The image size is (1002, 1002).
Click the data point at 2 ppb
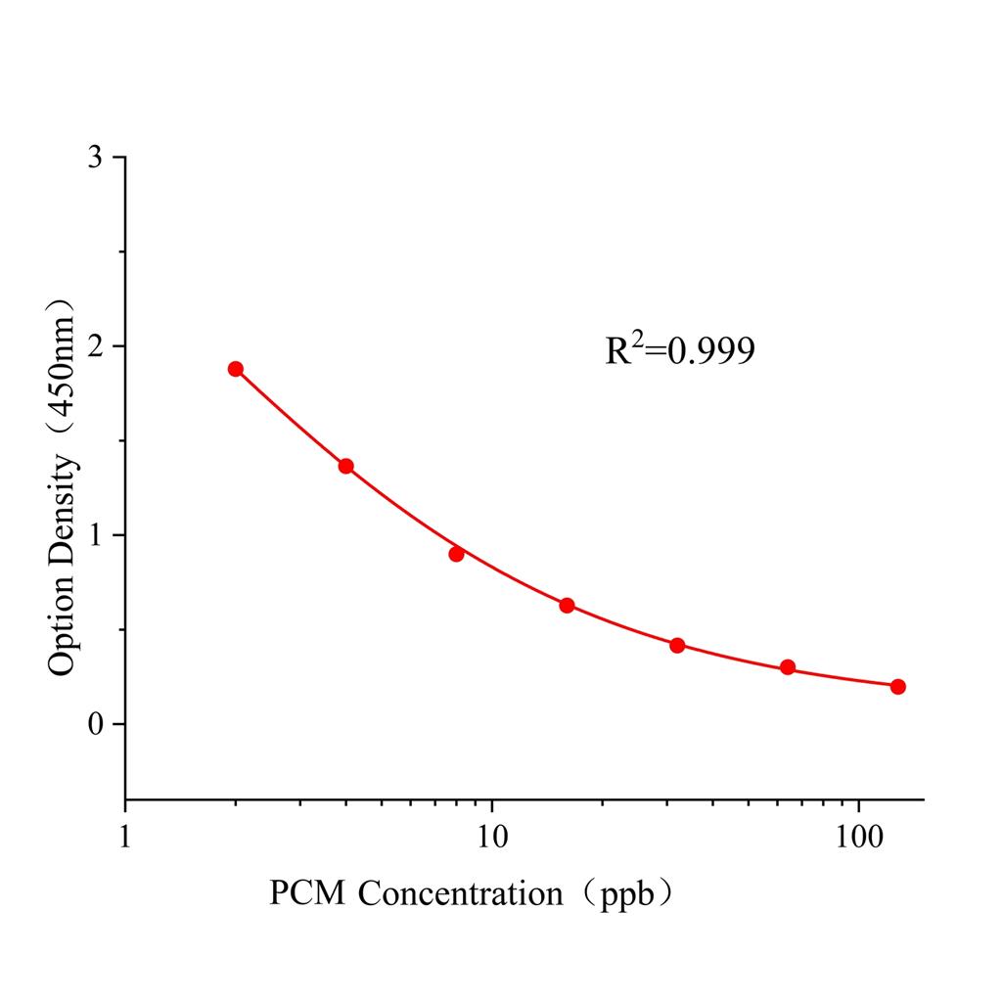point(235,369)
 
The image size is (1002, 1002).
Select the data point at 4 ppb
point(345,466)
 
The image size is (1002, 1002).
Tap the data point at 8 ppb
point(456,554)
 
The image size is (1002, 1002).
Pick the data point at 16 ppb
point(567,606)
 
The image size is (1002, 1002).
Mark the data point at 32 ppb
point(677,645)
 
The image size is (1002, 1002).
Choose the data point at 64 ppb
point(788,667)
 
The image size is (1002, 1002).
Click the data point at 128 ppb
point(898,686)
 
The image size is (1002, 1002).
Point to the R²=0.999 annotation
point(679,350)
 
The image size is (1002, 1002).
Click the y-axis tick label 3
point(95,158)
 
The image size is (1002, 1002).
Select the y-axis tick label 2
point(95,346)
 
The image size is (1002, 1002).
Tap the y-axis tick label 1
point(95,535)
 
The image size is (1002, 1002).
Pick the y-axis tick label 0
point(95,724)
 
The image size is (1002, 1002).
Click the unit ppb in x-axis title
point(625,894)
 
